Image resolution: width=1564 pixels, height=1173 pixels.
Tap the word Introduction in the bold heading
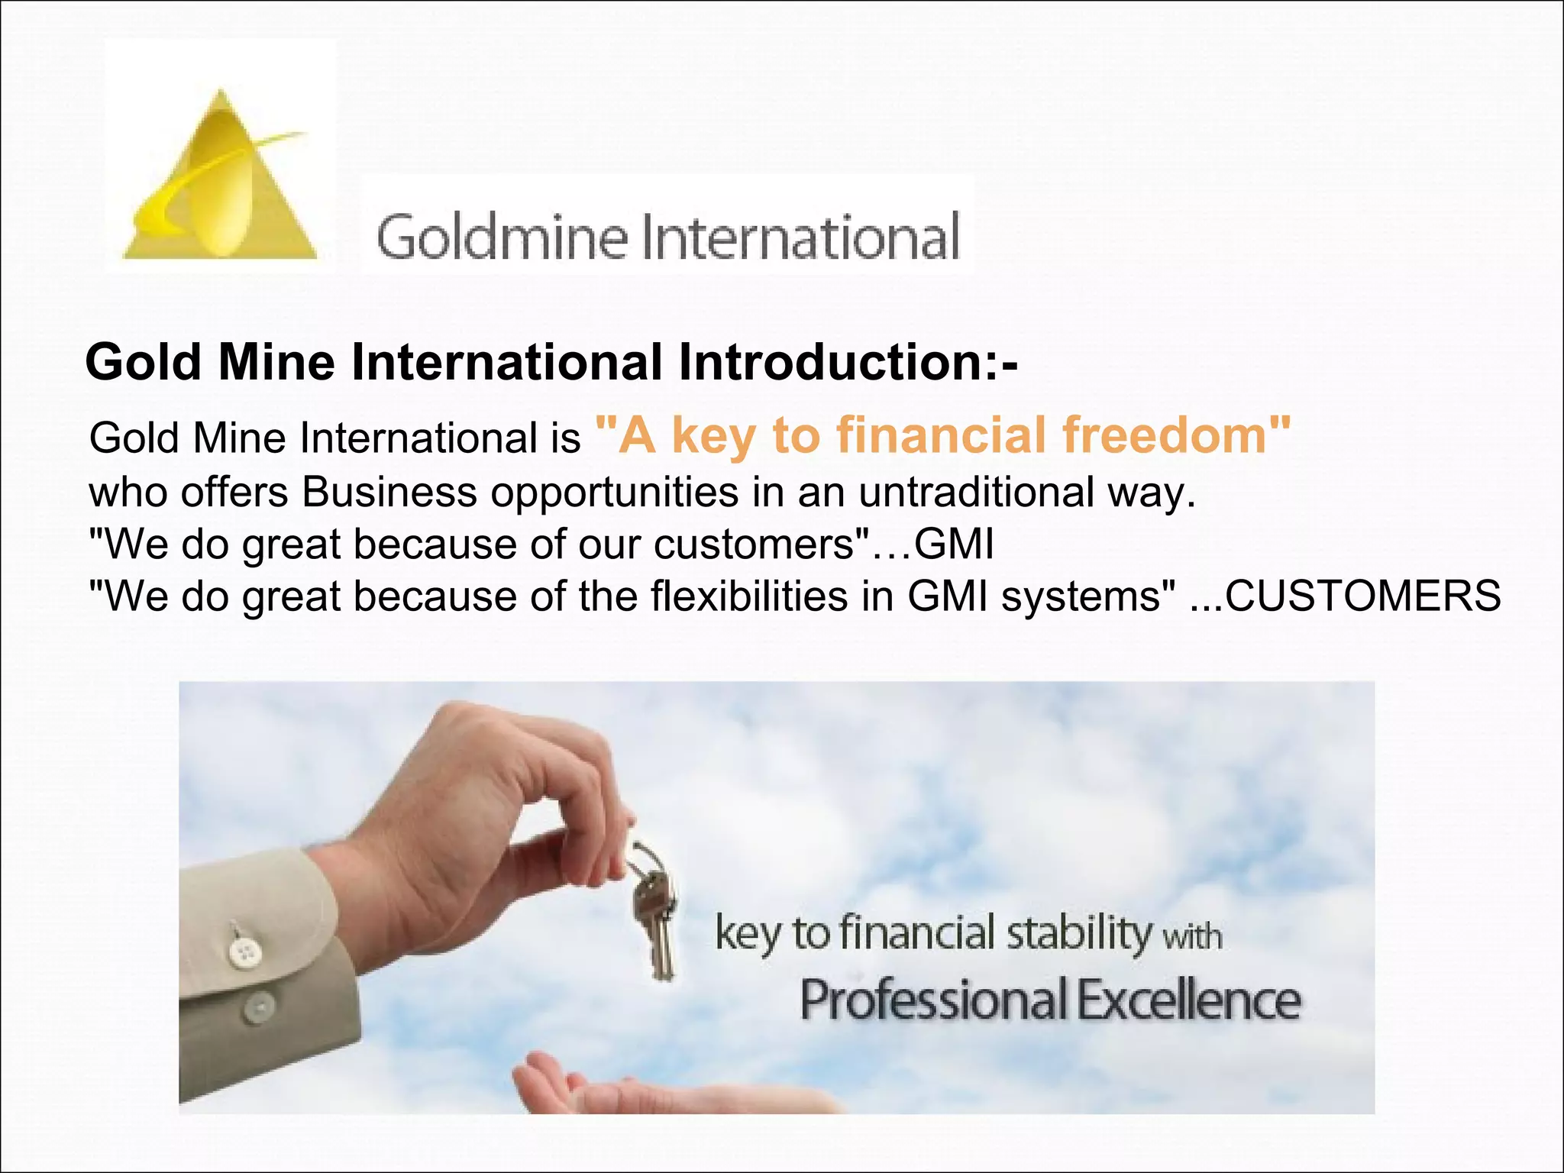(829, 362)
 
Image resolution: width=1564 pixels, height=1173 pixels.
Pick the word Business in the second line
(389, 493)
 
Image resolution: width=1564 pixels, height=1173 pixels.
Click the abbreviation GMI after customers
(955, 544)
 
